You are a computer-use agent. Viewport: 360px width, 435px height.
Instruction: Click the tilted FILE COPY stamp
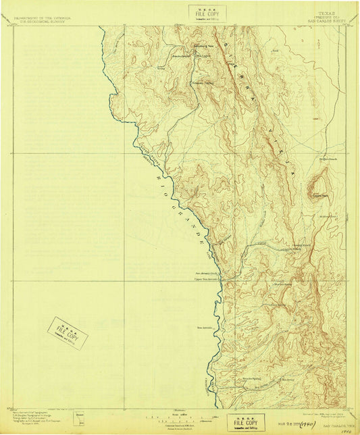coord(68,333)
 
